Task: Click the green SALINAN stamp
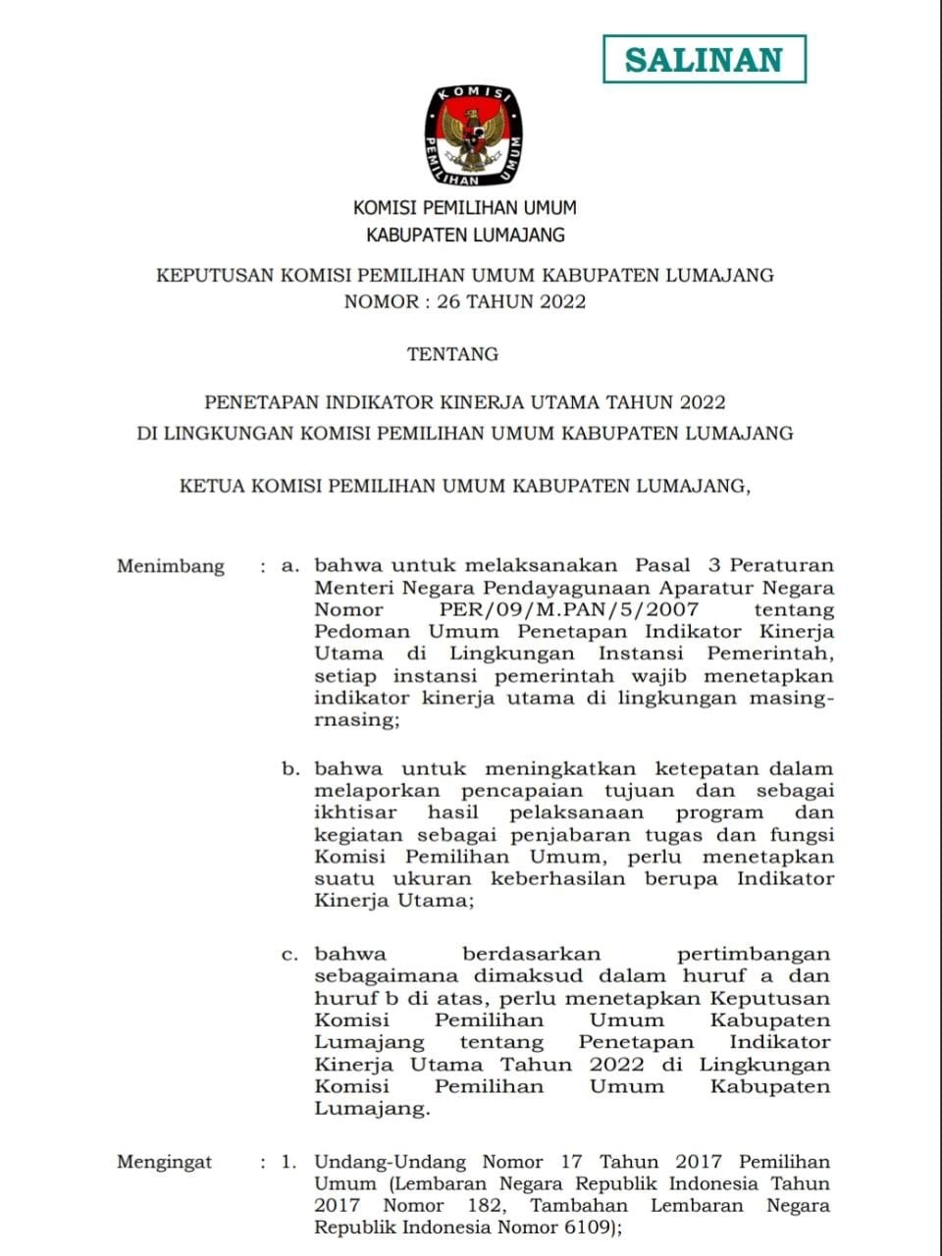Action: [x=704, y=59]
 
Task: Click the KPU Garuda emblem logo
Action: [x=473, y=135]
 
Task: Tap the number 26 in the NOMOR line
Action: [x=448, y=302]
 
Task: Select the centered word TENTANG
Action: [x=452, y=354]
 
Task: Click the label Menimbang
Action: [x=171, y=566]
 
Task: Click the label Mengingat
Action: [x=164, y=1163]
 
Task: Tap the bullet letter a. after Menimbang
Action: [x=289, y=566]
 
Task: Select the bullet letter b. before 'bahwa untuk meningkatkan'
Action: [x=290, y=769]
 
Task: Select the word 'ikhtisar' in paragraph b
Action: [x=355, y=813]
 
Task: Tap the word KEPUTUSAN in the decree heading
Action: [x=215, y=276]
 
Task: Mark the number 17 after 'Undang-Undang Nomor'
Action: [x=571, y=1163]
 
